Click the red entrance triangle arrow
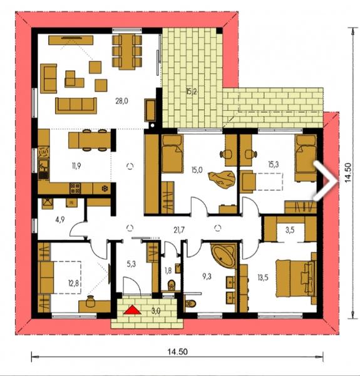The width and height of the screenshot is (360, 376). pos(132,310)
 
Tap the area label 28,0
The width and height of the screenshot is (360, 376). pos(121,101)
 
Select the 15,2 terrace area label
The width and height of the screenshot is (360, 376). pos(191,91)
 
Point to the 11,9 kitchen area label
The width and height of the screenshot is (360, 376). pos(76,165)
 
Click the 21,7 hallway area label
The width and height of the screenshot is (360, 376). pos(179,230)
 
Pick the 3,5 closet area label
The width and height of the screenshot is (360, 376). pos(290,230)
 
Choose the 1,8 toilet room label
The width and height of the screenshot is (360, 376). pos(168,271)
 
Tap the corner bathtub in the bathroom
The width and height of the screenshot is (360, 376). pos(224,256)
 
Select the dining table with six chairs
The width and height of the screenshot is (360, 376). pos(126,52)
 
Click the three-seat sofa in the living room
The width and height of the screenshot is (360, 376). pos(76,105)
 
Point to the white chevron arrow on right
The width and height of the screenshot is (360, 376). pos(326,181)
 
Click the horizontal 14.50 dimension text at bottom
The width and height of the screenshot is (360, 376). pos(177,352)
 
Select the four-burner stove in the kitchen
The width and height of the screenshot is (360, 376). pos(75,188)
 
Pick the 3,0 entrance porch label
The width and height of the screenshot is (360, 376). pos(156,311)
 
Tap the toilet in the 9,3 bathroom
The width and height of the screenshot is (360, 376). pos(191,303)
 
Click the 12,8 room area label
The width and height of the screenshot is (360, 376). pos(74,284)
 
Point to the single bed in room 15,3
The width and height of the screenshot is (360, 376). pos(306,158)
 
